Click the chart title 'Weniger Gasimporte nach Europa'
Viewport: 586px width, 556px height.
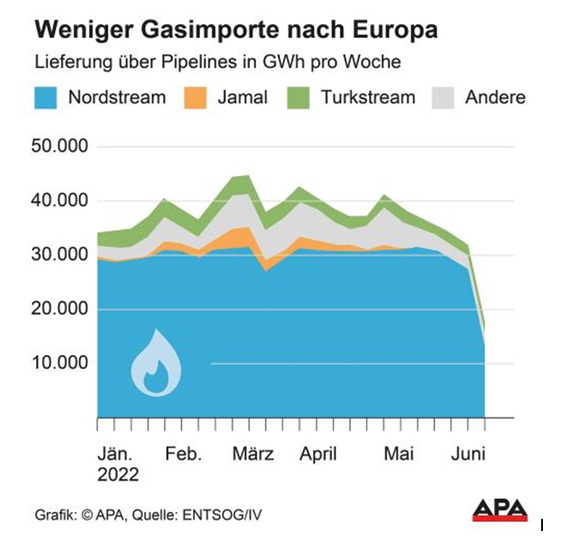(x=235, y=31)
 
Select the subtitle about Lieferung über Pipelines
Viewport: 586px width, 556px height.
(x=217, y=63)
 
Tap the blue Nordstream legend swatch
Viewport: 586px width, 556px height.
(x=48, y=97)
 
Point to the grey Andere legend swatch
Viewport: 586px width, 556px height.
(x=445, y=97)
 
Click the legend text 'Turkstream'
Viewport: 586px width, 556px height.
(x=368, y=97)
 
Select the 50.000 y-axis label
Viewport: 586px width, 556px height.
(x=59, y=147)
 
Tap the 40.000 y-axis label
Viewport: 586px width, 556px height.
(x=59, y=201)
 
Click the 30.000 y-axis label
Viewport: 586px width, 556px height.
(x=59, y=254)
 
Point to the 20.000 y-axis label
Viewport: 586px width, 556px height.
(x=59, y=309)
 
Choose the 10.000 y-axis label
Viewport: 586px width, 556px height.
(x=59, y=363)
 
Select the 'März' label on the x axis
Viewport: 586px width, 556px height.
(x=253, y=454)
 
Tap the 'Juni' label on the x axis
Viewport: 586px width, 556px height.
(x=471, y=454)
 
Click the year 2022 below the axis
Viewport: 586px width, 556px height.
(x=117, y=475)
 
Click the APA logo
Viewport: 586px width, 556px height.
(x=500, y=510)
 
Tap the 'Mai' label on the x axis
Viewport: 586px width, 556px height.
(x=398, y=454)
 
